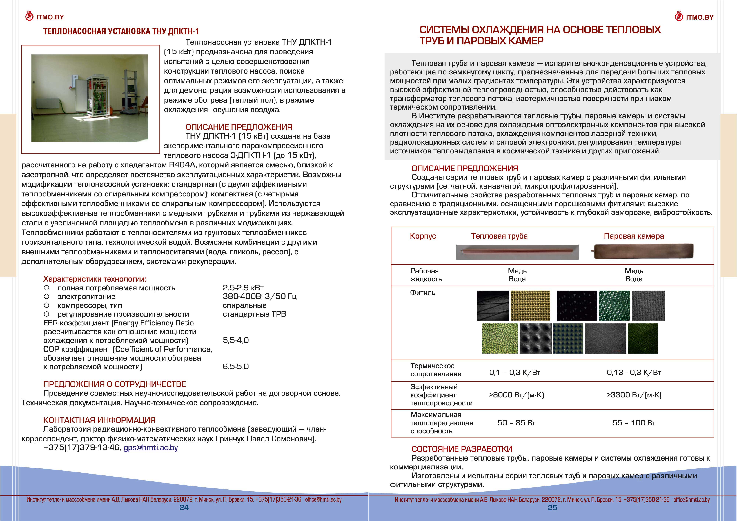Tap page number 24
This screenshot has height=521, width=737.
[x=184, y=508]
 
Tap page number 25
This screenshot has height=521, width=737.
[x=552, y=508]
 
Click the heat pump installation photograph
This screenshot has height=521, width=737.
[x=90, y=98]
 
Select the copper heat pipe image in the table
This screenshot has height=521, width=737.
[x=517, y=252]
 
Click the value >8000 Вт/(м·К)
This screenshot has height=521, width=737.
[x=516, y=395]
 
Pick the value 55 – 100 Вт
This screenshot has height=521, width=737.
[x=634, y=423]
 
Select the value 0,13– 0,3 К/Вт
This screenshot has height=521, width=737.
[x=634, y=373]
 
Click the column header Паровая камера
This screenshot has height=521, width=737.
[x=634, y=236]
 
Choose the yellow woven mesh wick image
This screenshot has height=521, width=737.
[x=530, y=306]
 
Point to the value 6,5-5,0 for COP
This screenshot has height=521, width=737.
[x=236, y=366]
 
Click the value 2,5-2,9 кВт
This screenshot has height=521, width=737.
[x=243, y=288]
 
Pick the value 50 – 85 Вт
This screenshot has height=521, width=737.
[x=516, y=423]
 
